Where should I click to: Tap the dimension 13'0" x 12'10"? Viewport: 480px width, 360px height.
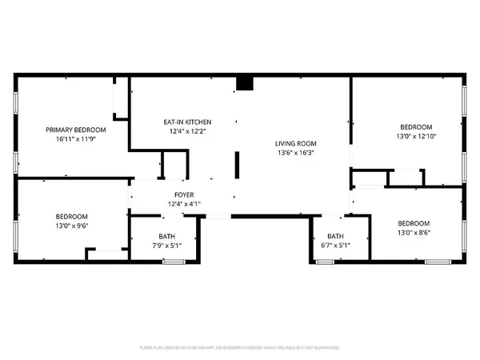coord(416,137)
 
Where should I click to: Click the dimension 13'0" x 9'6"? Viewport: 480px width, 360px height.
coord(71,226)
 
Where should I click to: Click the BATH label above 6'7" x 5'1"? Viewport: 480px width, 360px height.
coord(335,236)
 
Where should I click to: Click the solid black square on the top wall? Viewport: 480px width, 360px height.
coord(245,83)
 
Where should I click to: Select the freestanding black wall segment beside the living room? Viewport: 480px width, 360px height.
coord(236,166)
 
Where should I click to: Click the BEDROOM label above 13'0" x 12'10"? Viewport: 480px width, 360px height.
coord(416,127)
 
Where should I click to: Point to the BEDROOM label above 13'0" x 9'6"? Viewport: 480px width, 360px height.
coord(71,217)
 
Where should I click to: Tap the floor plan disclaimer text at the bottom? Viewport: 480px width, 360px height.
coord(240,348)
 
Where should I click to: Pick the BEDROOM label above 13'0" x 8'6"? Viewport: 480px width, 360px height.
coord(414,223)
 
